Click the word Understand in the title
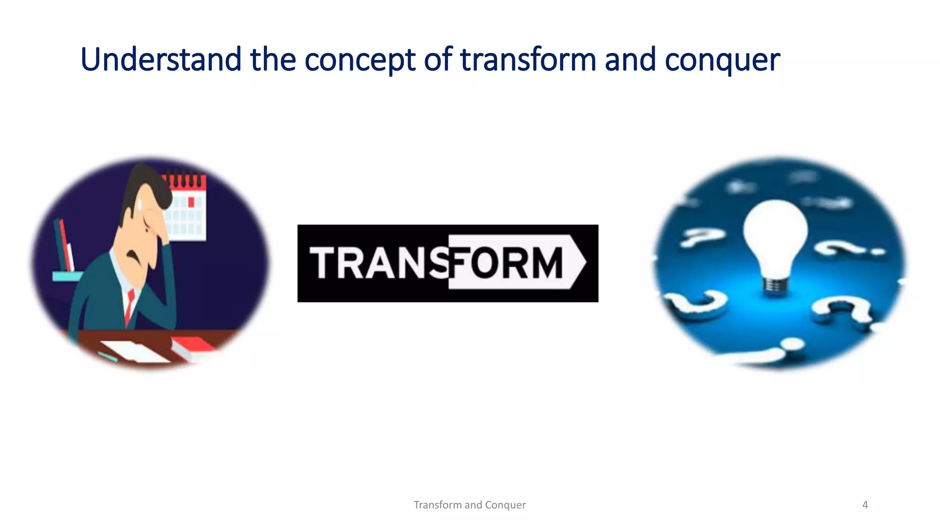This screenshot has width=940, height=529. point(161,60)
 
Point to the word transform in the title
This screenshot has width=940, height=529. point(528,60)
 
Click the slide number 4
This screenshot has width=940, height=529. point(865,505)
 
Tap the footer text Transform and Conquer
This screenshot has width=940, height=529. point(470,505)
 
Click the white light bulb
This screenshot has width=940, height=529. point(775,234)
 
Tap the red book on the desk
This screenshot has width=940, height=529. point(193,347)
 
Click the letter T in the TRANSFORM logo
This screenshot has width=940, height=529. point(325,263)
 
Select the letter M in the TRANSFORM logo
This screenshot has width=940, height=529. point(544,263)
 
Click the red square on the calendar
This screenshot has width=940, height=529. point(191,202)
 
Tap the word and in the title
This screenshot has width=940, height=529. point(630,60)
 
